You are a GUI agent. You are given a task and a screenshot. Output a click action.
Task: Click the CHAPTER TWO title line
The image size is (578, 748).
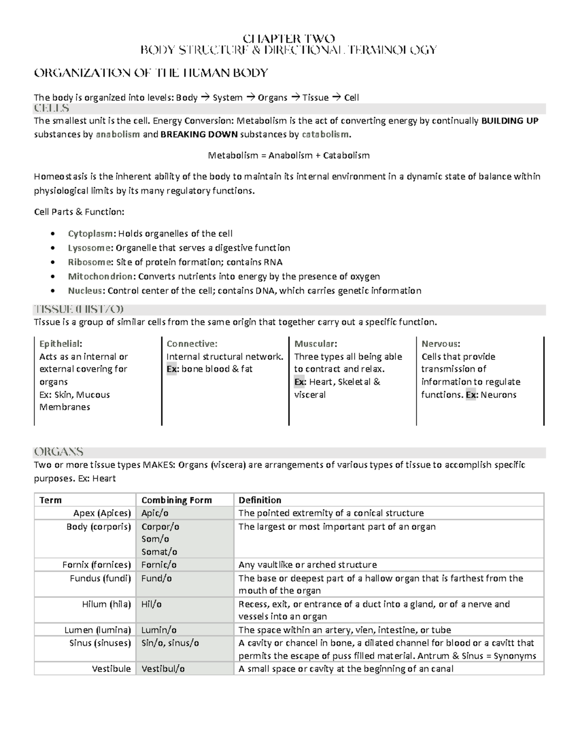pyautogui.click(x=289, y=39)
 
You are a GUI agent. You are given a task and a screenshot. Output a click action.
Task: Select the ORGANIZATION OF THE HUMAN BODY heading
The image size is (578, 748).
pyautogui.click(x=151, y=73)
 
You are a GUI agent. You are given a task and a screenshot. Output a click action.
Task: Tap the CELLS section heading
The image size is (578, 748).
pyautogui.click(x=52, y=108)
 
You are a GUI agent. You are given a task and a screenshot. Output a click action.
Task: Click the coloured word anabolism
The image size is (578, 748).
pyautogui.click(x=118, y=134)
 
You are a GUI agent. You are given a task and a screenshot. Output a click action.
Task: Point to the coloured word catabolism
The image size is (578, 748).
pyautogui.click(x=325, y=134)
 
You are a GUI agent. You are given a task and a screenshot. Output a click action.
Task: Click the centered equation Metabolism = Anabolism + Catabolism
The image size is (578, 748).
pyautogui.click(x=289, y=155)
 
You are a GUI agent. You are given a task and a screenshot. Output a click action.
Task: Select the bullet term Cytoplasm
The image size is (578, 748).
pyautogui.click(x=91, y=234)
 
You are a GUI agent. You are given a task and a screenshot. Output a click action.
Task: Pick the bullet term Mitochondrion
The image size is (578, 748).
pyautogui.click(x=102, y=276)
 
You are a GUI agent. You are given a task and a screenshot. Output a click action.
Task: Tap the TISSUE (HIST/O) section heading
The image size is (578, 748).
pyautogui.click(x=79, y=309)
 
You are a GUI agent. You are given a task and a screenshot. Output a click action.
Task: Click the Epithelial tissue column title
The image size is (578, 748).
pyautogui.click(x=60, y=344)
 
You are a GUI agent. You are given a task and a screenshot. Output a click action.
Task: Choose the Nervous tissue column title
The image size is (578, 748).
pyautogui.click(x=441, y=344)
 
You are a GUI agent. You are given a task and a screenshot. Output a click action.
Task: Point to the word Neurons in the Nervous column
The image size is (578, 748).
pyautogui.click(x=499, y=395)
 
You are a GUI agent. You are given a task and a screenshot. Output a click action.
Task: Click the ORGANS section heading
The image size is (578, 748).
pyautogui.click(x=58, y=452)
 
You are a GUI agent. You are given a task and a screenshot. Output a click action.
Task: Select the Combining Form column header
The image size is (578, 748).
pyautogui.click(x=176, y=500)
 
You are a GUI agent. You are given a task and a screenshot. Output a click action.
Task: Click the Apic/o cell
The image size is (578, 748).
pyautogui.click(x=155, y=513)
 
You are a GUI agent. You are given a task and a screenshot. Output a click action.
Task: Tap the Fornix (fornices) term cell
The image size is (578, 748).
pyautogui.click(x=96, y=564)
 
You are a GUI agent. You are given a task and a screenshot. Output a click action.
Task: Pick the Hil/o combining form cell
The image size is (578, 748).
pyautogui.click(x=151, y=604)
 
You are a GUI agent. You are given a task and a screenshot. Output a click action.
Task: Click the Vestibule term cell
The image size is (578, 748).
pyautogui.click(x=111, y=669)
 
